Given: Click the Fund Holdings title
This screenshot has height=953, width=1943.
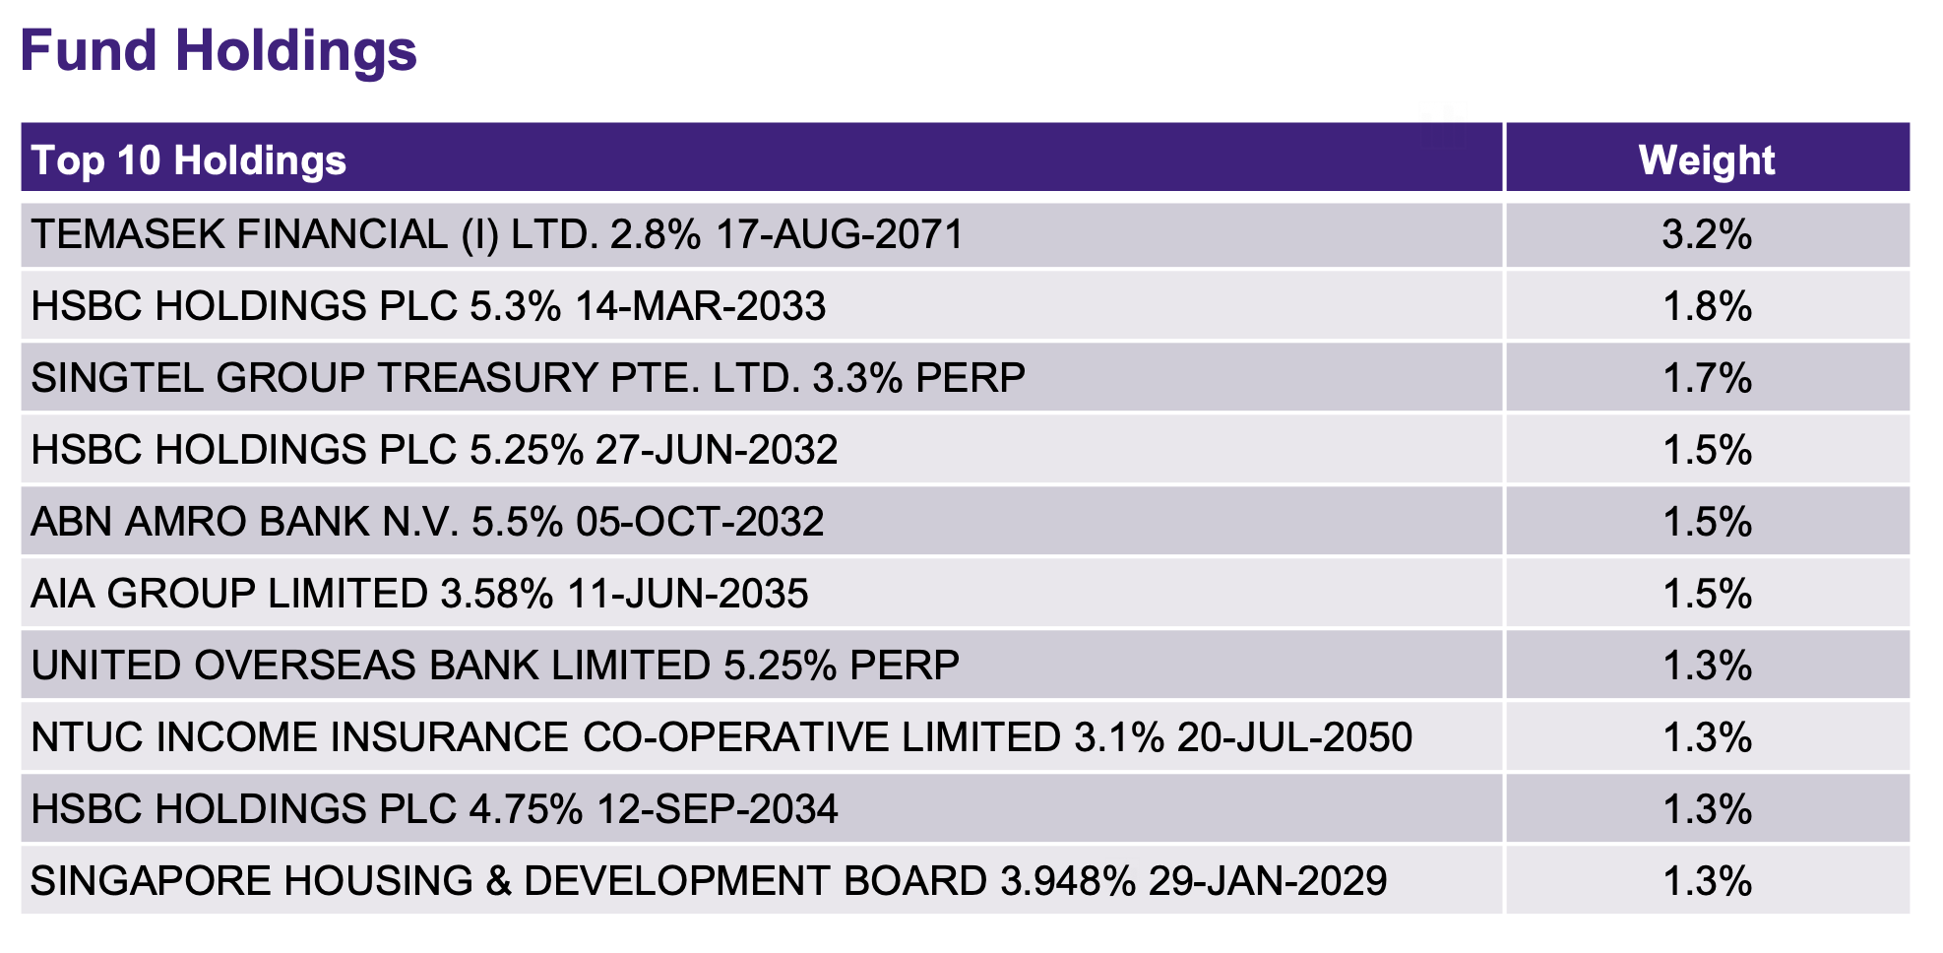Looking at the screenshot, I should point(219,51).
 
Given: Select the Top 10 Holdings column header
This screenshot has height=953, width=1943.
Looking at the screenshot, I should point(189,160).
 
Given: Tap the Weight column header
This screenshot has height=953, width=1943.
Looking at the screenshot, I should point(1706,160).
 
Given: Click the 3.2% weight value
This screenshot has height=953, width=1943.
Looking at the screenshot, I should point(1706,235).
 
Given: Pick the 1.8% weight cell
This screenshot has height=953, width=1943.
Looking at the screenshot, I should point(1706,307).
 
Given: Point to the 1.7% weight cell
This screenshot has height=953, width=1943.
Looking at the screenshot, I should point(1706,379).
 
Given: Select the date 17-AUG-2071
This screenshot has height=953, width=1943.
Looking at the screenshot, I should point(840,235).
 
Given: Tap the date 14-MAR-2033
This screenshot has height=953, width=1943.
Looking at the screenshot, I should point(700,307).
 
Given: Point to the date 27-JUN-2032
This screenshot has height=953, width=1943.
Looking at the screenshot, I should point(717,451).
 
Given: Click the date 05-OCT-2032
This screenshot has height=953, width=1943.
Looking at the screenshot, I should point(700,523).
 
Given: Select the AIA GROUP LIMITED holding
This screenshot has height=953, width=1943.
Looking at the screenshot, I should point(229,595).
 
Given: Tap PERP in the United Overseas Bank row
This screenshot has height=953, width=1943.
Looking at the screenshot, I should point(904,667).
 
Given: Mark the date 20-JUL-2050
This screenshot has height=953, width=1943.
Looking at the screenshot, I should point(1294,738).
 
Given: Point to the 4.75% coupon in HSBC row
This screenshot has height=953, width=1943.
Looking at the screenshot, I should point(526,810).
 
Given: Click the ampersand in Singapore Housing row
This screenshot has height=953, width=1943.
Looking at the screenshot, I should point(498,882).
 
